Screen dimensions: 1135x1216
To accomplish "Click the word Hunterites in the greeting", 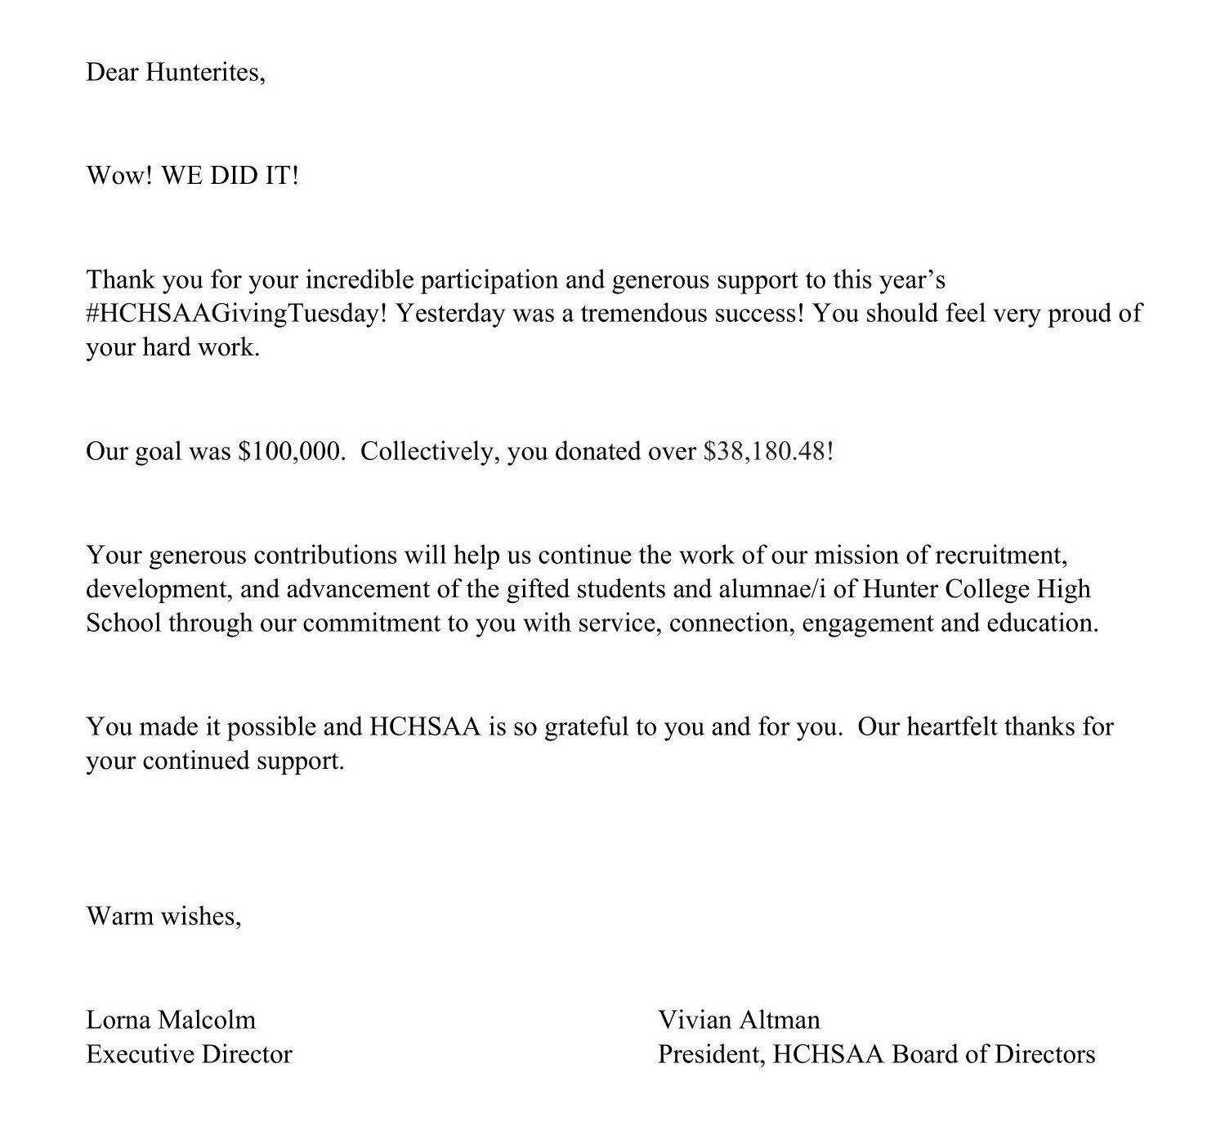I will point(205,73).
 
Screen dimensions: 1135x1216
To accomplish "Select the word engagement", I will point(869,623).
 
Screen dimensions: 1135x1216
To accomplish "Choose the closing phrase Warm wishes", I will point(163,916).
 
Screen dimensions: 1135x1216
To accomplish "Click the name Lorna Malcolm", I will point(171,1020).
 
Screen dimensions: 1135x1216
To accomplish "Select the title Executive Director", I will point(189,1054).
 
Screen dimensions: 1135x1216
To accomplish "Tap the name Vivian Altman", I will point(739,1020).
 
